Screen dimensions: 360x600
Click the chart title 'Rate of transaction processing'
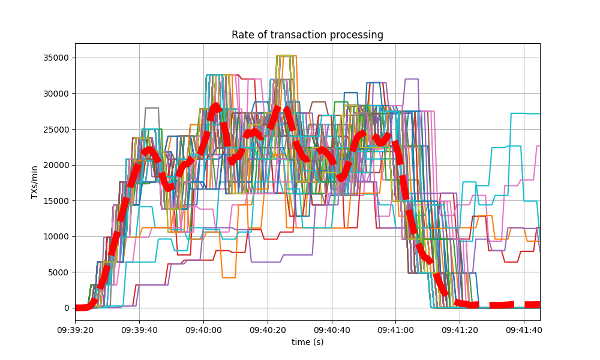coord(307,35)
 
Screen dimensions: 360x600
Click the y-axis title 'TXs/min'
coord(35,182)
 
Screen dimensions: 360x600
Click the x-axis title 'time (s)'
coord(307,341)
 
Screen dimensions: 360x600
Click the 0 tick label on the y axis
coord(66,308)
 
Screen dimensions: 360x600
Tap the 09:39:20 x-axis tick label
coord(75,329)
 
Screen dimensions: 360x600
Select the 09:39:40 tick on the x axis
coord(139,329)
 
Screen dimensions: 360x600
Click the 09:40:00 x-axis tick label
coord(203,329)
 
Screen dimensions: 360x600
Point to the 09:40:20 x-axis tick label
coord(268,329)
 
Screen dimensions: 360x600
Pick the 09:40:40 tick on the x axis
coord(332,329)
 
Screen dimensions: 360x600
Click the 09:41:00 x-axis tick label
coord(396,329)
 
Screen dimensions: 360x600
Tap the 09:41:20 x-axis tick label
coord(460,329)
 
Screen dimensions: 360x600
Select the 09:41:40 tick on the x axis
coord(524,329)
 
